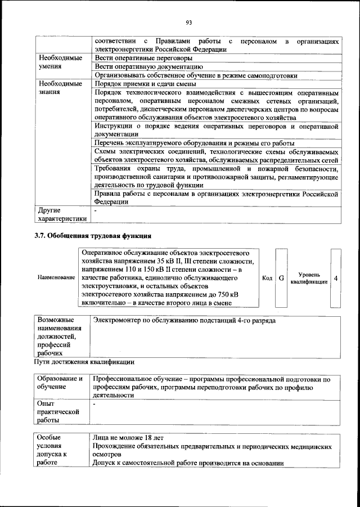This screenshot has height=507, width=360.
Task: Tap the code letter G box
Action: pyautogui.click(x=281, y=278)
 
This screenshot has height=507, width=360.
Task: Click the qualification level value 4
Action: pyautogui.click(x=336, y=278)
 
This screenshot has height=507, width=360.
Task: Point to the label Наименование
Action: pyautogui.click(x=56, y=278)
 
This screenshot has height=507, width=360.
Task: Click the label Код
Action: pyautogui.click(x=268, y=278)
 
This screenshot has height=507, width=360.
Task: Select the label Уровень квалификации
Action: pyautogui.click(x=309, y=278)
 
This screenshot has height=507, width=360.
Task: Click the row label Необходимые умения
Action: pyautogui.click(x=60, y=62)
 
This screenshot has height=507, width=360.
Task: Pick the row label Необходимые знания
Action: pyautogui.click(x=60, y=87)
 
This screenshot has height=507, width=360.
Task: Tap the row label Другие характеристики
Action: pyautogui.click(x=62, y=214)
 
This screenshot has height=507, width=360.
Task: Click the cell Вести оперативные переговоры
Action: pyautogui.click(x=143, y=58)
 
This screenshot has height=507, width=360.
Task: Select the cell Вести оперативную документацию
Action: pyautogui.click(x=147, y=66)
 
